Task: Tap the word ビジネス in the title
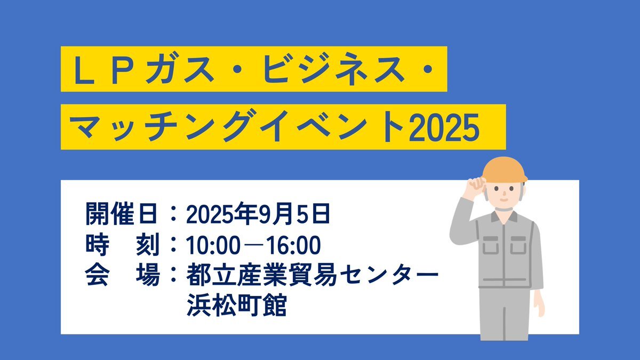333,69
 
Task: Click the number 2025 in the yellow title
445,127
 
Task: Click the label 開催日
122,213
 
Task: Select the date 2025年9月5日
258,213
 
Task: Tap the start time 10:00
213,245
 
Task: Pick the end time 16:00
293,245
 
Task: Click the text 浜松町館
237,305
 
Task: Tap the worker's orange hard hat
505,170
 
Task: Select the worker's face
504,194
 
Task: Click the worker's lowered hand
539,303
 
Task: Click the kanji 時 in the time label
97,245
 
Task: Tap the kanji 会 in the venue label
97,274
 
